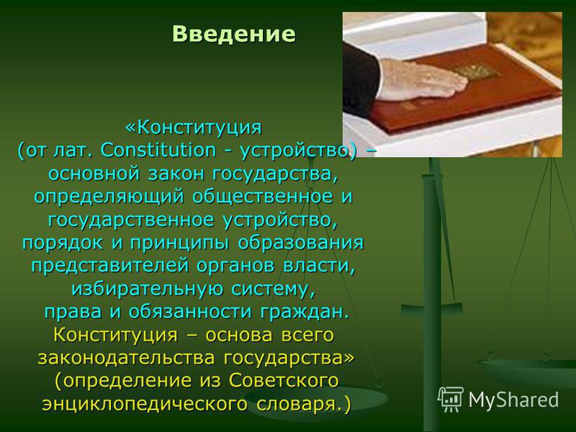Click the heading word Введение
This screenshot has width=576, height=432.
point(233,34)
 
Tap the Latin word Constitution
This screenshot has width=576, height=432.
point(158,150)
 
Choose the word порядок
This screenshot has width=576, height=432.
point(63,243)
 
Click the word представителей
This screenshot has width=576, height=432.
point(109,266)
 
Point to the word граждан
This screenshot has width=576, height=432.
point(304,312)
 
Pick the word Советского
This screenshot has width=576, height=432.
point(284,381)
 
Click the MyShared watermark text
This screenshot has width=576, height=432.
point(513,400)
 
